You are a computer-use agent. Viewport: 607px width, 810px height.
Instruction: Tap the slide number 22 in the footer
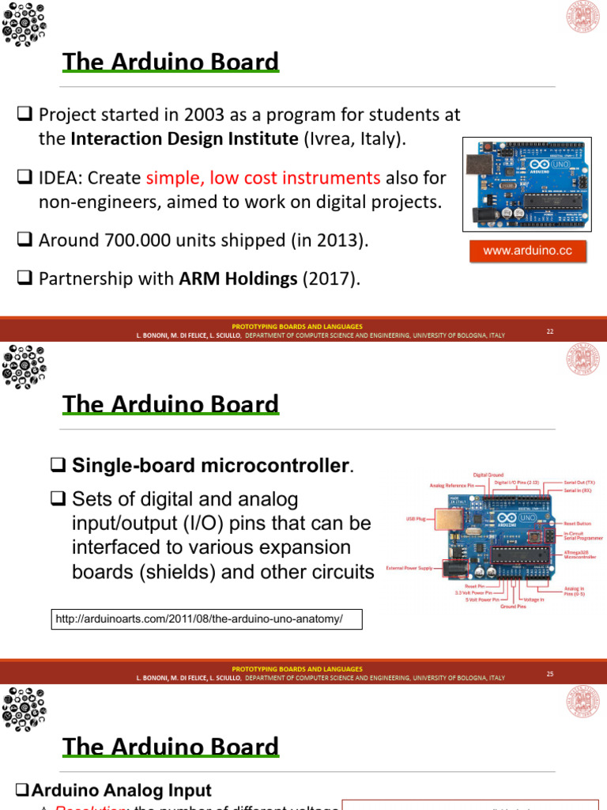click(549, 331)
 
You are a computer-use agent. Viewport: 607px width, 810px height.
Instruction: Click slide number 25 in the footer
click(549, 674)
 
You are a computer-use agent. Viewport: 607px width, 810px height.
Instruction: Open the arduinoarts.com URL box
click(205, 618)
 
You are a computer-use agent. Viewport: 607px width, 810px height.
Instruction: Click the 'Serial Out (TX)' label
click(579, 482)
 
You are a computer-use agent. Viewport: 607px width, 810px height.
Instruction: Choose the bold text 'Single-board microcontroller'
click(210, 465)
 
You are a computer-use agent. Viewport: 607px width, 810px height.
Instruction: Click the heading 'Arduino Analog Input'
click(121, 790)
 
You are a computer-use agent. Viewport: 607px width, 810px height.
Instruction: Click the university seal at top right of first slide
click(583, 17)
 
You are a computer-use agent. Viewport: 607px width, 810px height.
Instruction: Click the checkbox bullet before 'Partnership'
click(24, 278)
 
